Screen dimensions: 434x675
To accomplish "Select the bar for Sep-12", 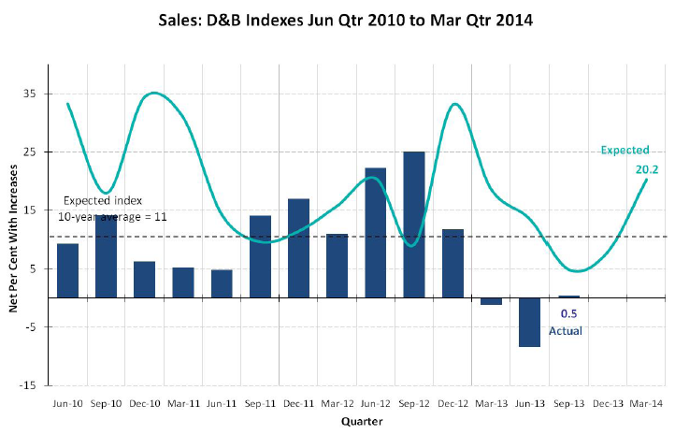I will click(414, 224).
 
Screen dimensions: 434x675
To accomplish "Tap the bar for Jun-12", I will click(376, 233).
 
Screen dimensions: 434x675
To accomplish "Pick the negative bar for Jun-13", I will click(529, 322).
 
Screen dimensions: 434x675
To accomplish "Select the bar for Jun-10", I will click(67, 270).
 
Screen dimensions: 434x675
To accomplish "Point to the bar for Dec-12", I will click(452, 263).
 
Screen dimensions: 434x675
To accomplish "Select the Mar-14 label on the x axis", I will click(645, 403).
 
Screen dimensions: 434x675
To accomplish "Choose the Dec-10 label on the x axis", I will click(144, 403).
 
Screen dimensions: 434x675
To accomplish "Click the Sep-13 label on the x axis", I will click(568, 403).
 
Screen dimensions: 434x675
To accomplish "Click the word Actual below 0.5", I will click(567, 330).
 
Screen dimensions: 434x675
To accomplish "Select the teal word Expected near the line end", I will click(625, 150).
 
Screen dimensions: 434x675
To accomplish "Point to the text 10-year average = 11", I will click(112, 216).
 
